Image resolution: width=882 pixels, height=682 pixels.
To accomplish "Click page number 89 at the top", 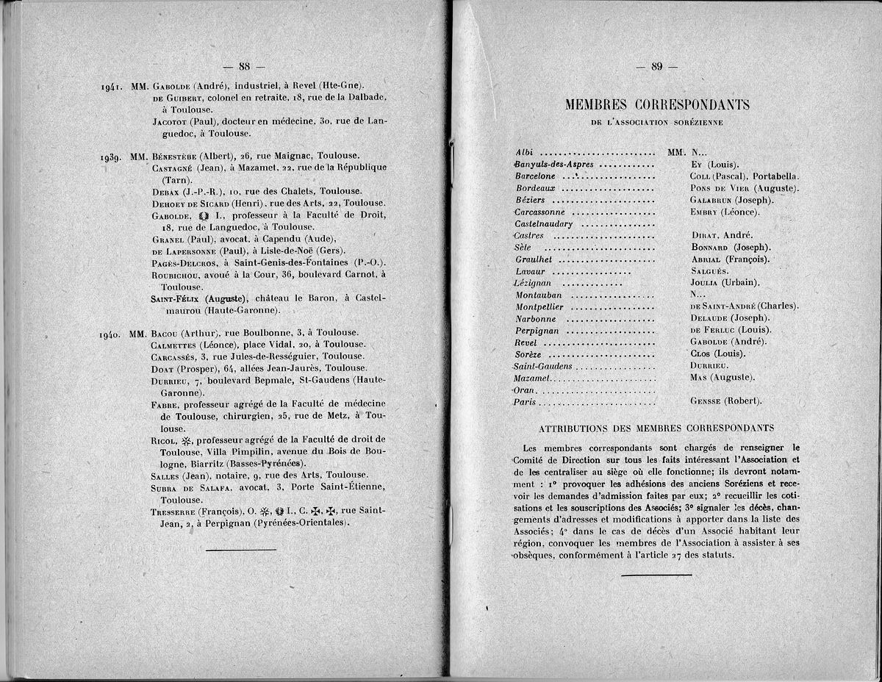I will [657, 67].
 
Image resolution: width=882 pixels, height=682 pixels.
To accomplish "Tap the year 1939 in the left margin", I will [115, 157].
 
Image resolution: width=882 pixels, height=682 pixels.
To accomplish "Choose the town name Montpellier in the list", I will [540, 306].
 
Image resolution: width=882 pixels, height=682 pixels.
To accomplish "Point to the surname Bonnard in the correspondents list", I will [712, 247].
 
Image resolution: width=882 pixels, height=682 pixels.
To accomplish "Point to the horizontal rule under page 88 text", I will [240, 550].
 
